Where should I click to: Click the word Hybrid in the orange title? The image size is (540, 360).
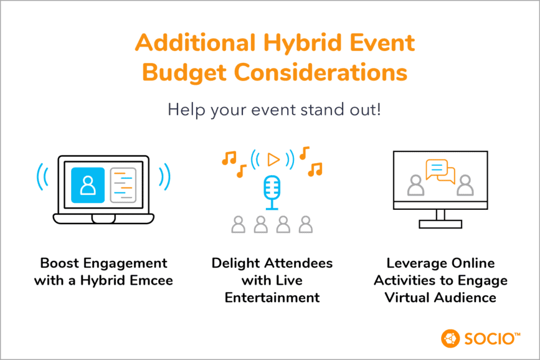pos(303,44)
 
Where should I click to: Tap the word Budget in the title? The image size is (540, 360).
pos(184,73)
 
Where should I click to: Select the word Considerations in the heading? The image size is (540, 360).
pos(321,72)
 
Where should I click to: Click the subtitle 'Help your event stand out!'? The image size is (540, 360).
pos(274,110)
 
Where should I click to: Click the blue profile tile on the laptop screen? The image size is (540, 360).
pos(88,185)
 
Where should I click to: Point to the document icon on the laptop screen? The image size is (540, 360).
pos(123,185)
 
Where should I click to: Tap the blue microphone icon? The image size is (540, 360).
pos(272,192)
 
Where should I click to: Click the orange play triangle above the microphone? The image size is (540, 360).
pos(273,159)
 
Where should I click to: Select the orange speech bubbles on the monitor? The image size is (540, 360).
pos(440,171)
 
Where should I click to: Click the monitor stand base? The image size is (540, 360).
pos(440,224)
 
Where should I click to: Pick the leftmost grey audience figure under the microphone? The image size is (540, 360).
pos(239,225)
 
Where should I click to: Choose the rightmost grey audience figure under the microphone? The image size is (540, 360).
pos(306,225)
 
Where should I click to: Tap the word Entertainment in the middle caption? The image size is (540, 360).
pos(272,298)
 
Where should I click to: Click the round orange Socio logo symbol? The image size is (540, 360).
pos(450,339)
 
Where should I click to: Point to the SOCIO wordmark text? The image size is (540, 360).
pos(490,339)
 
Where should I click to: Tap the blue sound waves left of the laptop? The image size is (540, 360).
pos(42,176)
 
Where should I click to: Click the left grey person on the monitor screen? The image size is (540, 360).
pos(415,185)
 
